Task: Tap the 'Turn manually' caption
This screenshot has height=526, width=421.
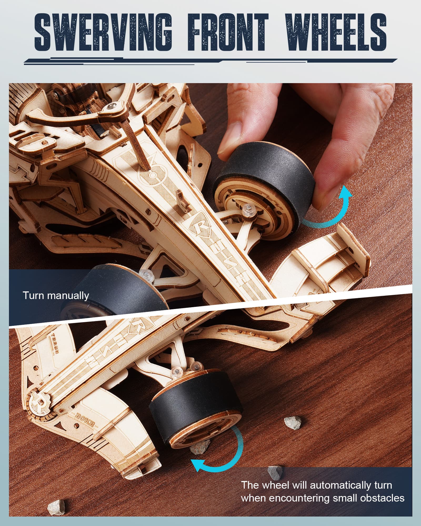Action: tap(56, 296)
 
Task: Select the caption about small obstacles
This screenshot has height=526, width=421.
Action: tap(322, 492)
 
